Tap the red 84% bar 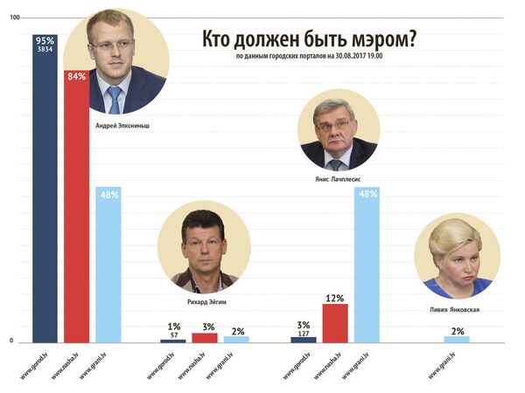76,210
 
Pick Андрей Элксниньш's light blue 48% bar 108,266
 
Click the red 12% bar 335,323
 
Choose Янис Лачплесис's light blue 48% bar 367,266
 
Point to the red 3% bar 205,337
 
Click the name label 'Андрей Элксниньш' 121,124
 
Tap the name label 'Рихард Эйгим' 203,300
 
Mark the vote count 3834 45,50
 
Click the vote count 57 173,334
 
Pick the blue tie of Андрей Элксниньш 115,99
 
